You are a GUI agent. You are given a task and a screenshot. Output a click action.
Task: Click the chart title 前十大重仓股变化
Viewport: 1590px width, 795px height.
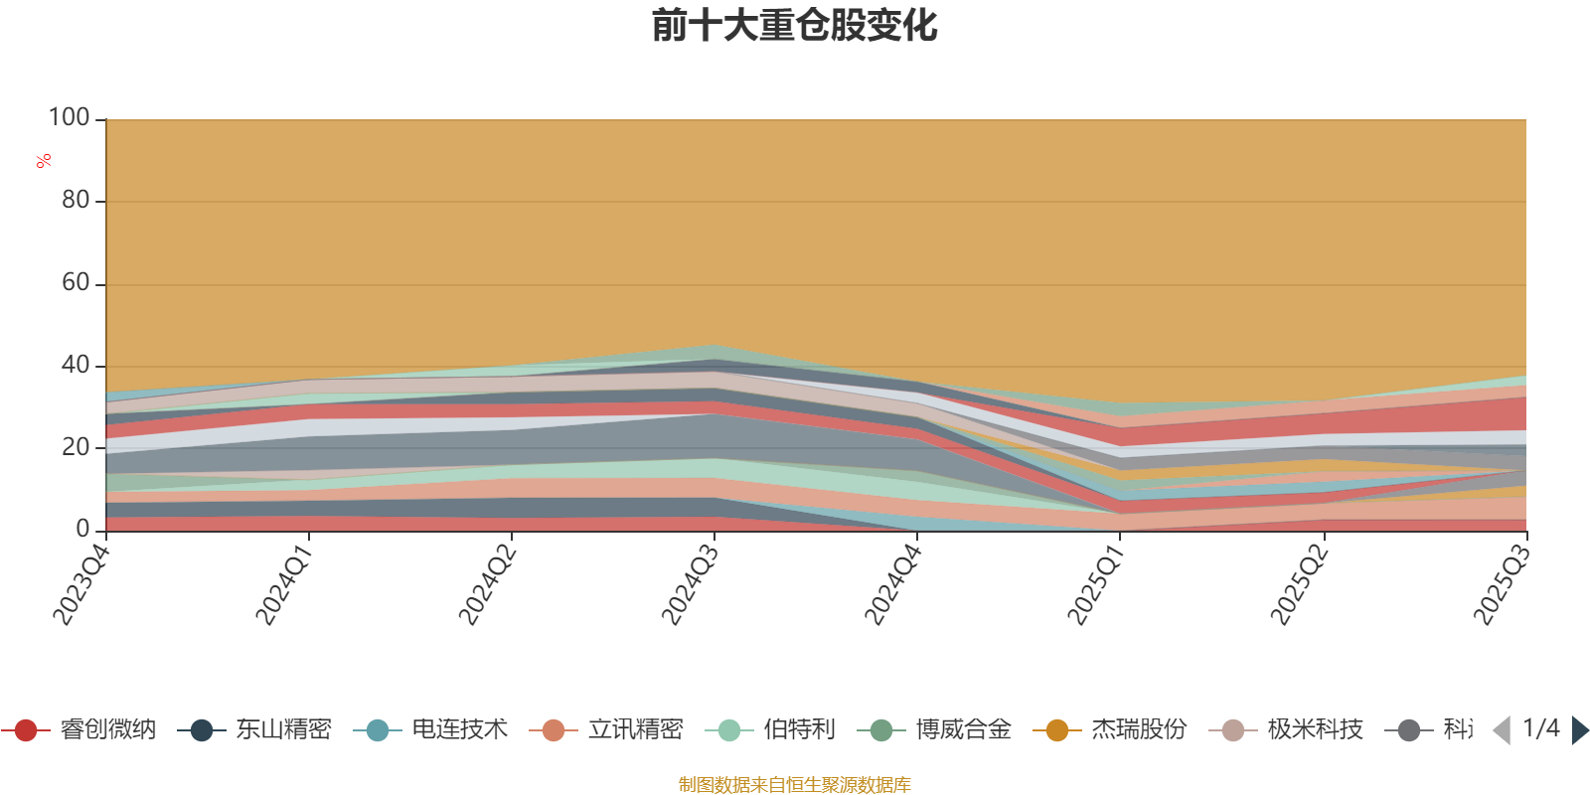(x=794, y=26)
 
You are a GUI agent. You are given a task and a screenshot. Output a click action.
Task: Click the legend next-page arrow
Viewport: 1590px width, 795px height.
(x=1580, y=730)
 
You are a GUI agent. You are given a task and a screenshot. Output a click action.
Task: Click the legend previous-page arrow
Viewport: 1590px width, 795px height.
(x=1502, y=730)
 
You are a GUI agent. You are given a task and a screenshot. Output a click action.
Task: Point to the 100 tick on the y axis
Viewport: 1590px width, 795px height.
(x=70, y=118)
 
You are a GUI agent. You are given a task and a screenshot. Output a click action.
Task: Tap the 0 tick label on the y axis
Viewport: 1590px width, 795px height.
(x=83, y=530)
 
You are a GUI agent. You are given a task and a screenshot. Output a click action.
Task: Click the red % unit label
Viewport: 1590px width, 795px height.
(x=44, y=161)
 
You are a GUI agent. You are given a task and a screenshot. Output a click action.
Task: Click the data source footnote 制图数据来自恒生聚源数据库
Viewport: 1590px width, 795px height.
(x=794, y=785)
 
